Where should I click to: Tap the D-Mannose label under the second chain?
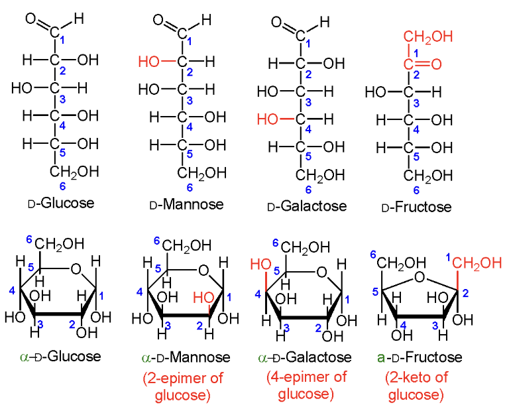click(x=187, y=204)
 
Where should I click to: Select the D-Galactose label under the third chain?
click(x=307, y=206)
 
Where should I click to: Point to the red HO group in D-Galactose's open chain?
click(x=269, y=120)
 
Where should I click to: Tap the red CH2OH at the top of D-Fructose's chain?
click(x=429, y=36)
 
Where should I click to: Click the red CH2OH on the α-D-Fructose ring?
click(x=478, y=263)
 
